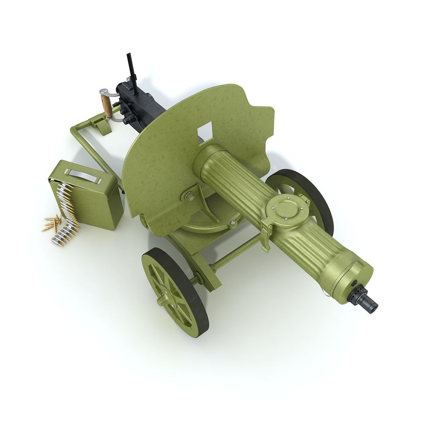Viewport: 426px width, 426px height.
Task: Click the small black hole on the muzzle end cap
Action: point(354,283)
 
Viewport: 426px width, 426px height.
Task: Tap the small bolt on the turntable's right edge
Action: point(233,223)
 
